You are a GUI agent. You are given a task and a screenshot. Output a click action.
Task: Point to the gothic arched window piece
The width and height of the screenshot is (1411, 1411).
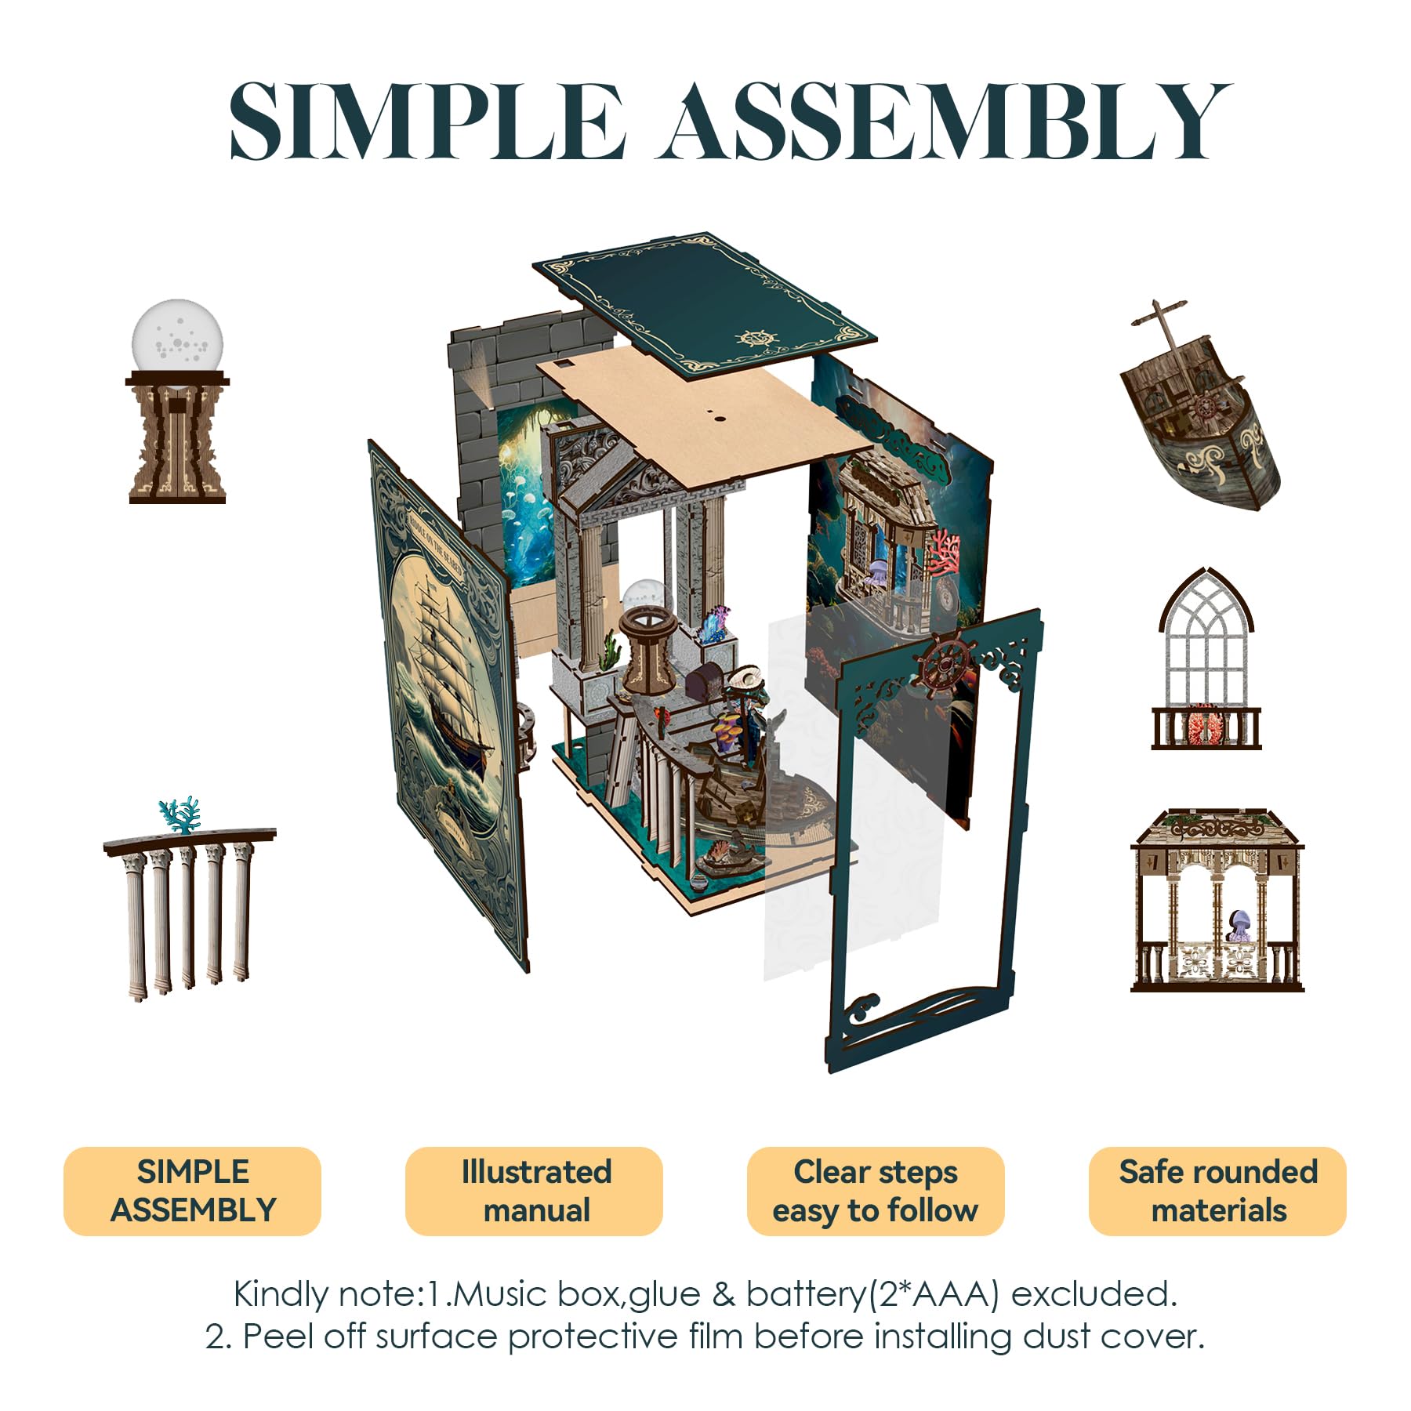(x=1206, y=658)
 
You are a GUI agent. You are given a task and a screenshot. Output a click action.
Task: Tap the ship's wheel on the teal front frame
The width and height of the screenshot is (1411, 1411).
(x=947, y=666)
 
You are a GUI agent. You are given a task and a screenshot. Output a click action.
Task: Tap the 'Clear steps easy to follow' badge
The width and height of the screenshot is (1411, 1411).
(x=876, y=1191)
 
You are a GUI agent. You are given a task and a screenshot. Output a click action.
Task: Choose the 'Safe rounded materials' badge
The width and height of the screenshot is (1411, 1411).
(x=1217, y=1191)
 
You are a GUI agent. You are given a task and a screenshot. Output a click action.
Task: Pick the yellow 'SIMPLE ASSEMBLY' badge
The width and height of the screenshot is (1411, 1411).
(x=192, y=1191)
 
